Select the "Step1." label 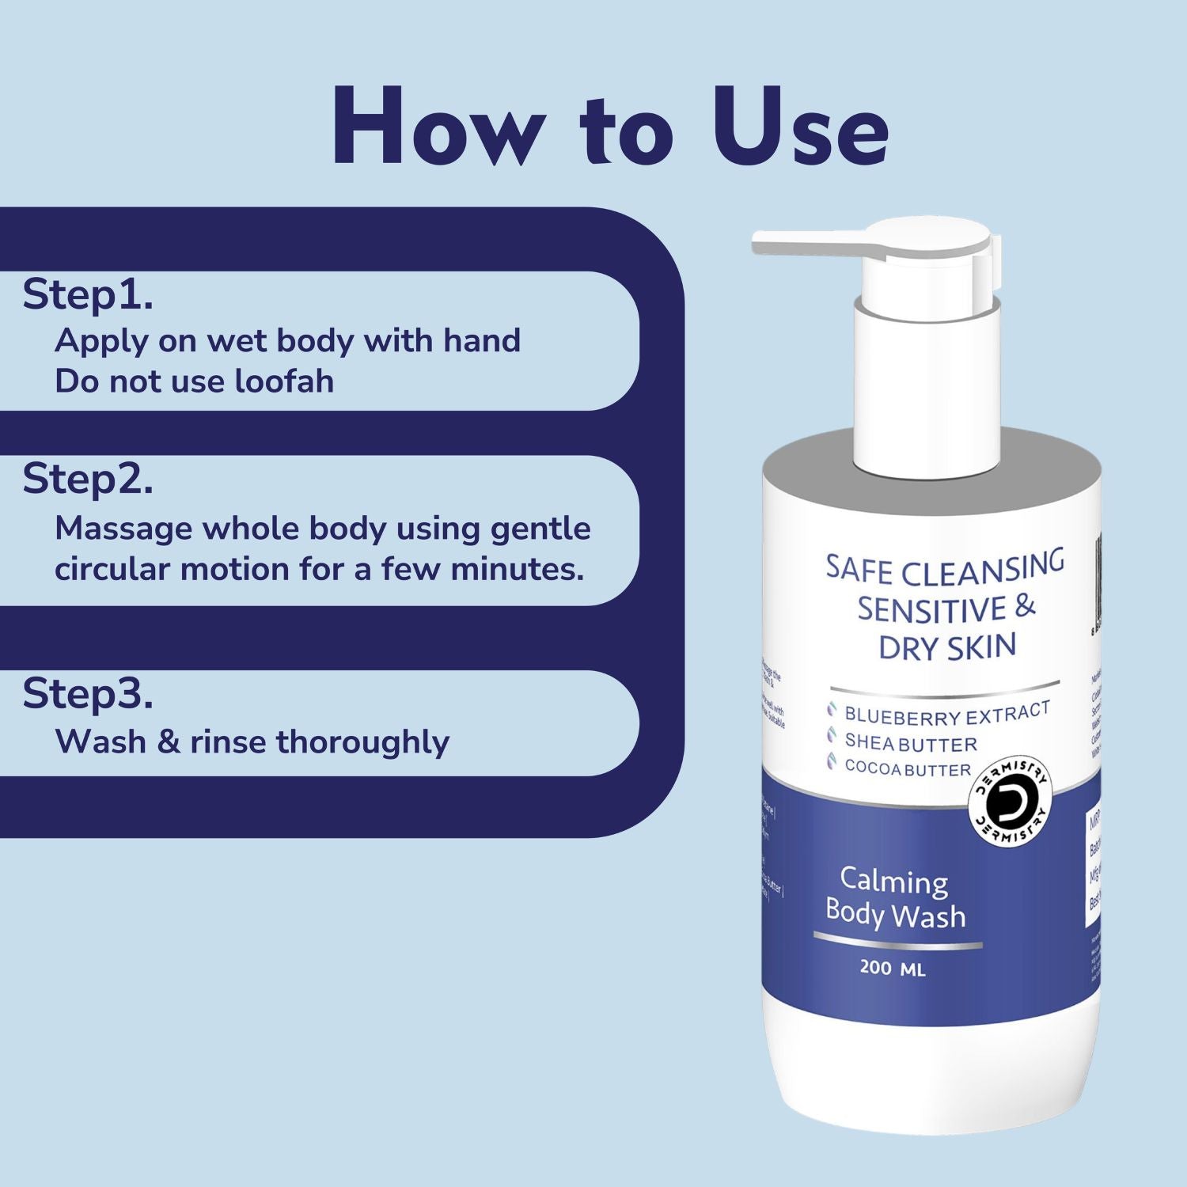pyautogui.click(x=88, y=295)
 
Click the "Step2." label pyautogui.click(x=88, y=479)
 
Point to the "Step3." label pyautogui.click(x=88, y=694)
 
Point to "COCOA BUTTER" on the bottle pyautogui.click(x=907, y=768)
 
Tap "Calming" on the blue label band pyautogui.click(x=893, y=880)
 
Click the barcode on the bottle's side pyautogui.click(x=1098, y=586)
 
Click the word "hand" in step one pyautogui.click(x=482, y=341)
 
